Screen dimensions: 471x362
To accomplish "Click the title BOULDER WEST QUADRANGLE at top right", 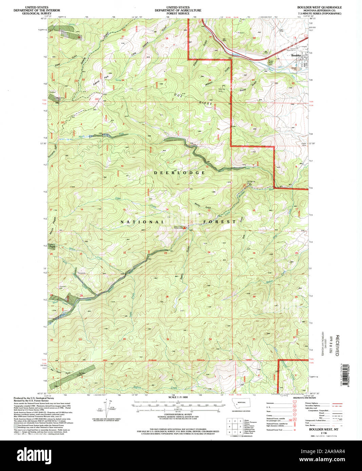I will (320, 7).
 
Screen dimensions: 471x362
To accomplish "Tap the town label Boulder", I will (296, 55).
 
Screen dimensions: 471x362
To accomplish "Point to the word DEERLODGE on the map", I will (179, 173).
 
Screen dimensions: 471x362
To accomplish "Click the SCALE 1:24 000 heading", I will (178, 397).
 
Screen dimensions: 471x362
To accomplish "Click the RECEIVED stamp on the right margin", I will (337, 345).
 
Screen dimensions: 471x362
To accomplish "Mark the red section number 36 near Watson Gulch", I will (210, 80).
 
